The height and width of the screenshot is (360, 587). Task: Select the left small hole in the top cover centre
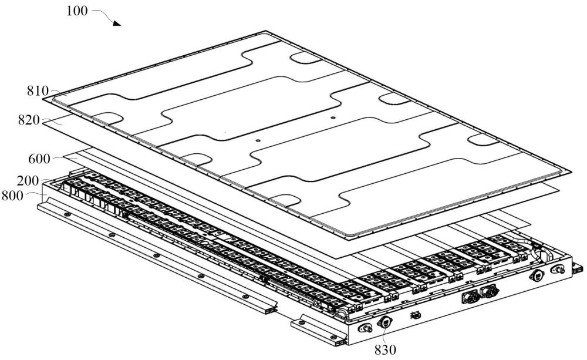(x=257, y=141)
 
